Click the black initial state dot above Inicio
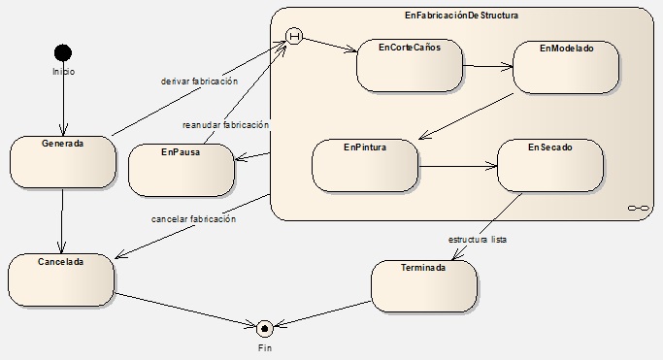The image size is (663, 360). tap(63, 52)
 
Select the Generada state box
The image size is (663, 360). tap(62, 162)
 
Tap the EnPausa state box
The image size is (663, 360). tap(181, 170)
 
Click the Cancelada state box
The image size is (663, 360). tap(61, 280)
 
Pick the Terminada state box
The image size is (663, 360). tap(424, 286)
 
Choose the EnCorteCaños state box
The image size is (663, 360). tap(410, 65)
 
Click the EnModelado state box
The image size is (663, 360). tap(566, 67)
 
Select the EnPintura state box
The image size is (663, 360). tap(365, 166)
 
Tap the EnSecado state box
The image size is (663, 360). tap(550, 166)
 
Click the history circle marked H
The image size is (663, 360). tap(294, 36)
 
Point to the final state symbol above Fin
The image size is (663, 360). tap(265, 328)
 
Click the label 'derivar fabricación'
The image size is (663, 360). tap(199, 82)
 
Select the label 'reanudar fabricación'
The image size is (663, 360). tap(225, 125)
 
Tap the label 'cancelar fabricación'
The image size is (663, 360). tap(193, 219)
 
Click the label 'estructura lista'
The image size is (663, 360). tap(478, 240)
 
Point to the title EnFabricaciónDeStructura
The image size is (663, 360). tap(461, 16)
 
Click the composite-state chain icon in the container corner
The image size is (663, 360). tap(638, 208)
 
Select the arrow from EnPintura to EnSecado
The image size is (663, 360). tap(458, 166)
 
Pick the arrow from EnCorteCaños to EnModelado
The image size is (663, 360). tap(488, 66)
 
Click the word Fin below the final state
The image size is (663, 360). tap(265, 348)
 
